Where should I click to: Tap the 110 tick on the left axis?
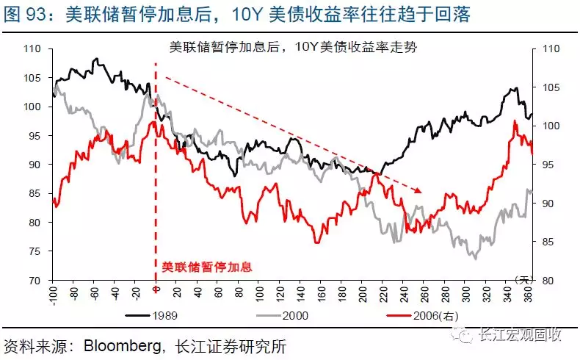(x=32, y=48)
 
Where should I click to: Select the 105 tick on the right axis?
(x=550, y=87)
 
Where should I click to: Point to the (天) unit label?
(x=523, y=279)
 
